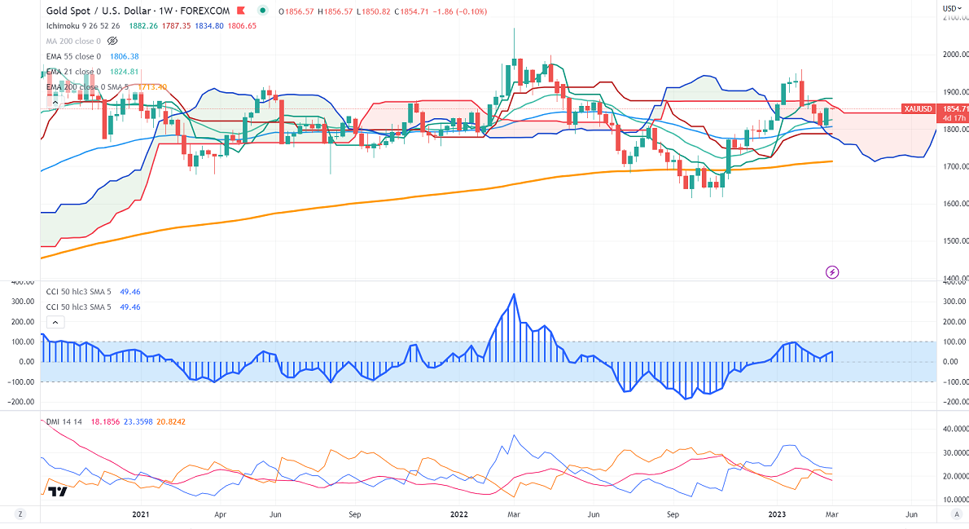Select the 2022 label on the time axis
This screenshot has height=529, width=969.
(x=459, y=514)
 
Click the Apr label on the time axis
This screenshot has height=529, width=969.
(x=221, y=514)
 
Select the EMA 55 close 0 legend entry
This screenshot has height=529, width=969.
(x=74, y=56)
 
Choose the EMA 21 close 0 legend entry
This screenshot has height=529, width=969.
(x=74, y=72)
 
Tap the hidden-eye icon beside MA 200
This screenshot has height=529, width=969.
(x=113, y=41)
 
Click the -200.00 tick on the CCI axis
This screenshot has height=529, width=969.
(x=950, y=402)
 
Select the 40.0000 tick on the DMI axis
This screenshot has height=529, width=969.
(x=952, y=429)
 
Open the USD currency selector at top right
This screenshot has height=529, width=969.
(x=952, y=8)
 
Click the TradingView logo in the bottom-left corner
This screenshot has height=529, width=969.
(x=56, y=492)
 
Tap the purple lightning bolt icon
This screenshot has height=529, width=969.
(x=832, y=271)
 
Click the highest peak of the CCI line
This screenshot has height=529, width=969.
(x=514, y=294)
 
